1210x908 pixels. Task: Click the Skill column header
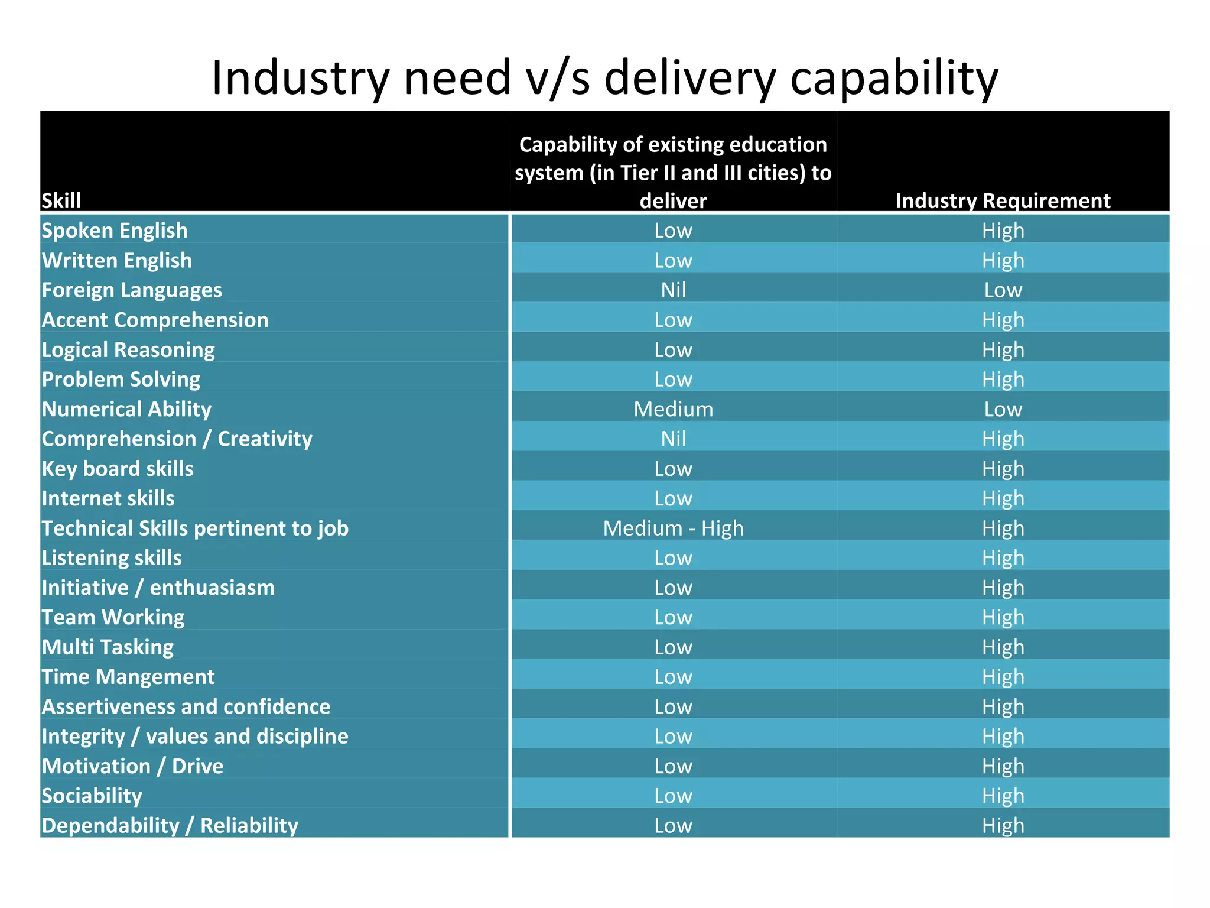click(x=61, y=201)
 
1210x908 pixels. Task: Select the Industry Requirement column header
click(x=1003, y=201)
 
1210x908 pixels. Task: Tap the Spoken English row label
click(x=115, y=231)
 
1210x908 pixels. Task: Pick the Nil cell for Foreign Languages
click(x=673, y=290)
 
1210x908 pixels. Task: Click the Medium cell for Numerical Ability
click(x=673, y=409)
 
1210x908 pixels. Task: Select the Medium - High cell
click(x=673, y=528)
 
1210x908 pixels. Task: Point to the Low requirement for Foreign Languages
click(x=1003, y=290)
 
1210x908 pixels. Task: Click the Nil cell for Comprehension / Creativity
click(x=673, y=439)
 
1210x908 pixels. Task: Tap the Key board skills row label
click(x=118, y=469)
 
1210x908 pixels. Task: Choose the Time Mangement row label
click(x=128, y=677)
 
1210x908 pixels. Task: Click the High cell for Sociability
click(x=1003, y=796)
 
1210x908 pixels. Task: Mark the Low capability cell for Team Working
click(x=673, y=617)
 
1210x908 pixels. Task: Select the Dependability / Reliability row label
click(x=170, y=825)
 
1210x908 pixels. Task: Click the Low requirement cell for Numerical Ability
click(x=1003, y=409)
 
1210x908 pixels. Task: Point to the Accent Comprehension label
click(x=155, y=320)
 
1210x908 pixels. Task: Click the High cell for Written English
click(x=1003, y=260)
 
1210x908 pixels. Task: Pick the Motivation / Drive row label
click(x=133, y=766)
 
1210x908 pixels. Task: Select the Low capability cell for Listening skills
click(x=673, y=557)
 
